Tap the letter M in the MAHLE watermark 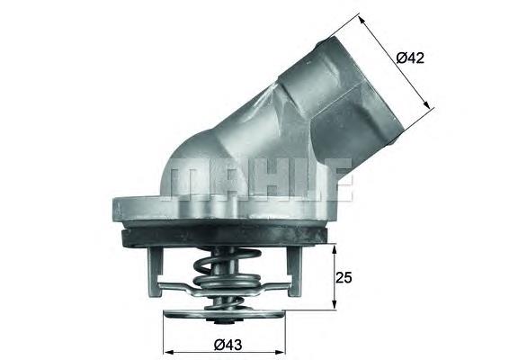[189, 180]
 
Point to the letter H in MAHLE [261, 180]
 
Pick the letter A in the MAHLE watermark [225, 180]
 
